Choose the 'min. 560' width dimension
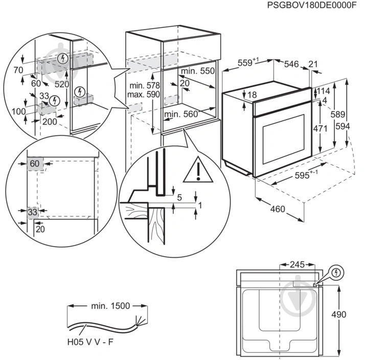pyautogui.click(x=181, y=114)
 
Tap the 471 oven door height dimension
pyautogui.click(x=320, y=129)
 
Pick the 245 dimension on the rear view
pyautogui.click(x=297, y=265)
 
